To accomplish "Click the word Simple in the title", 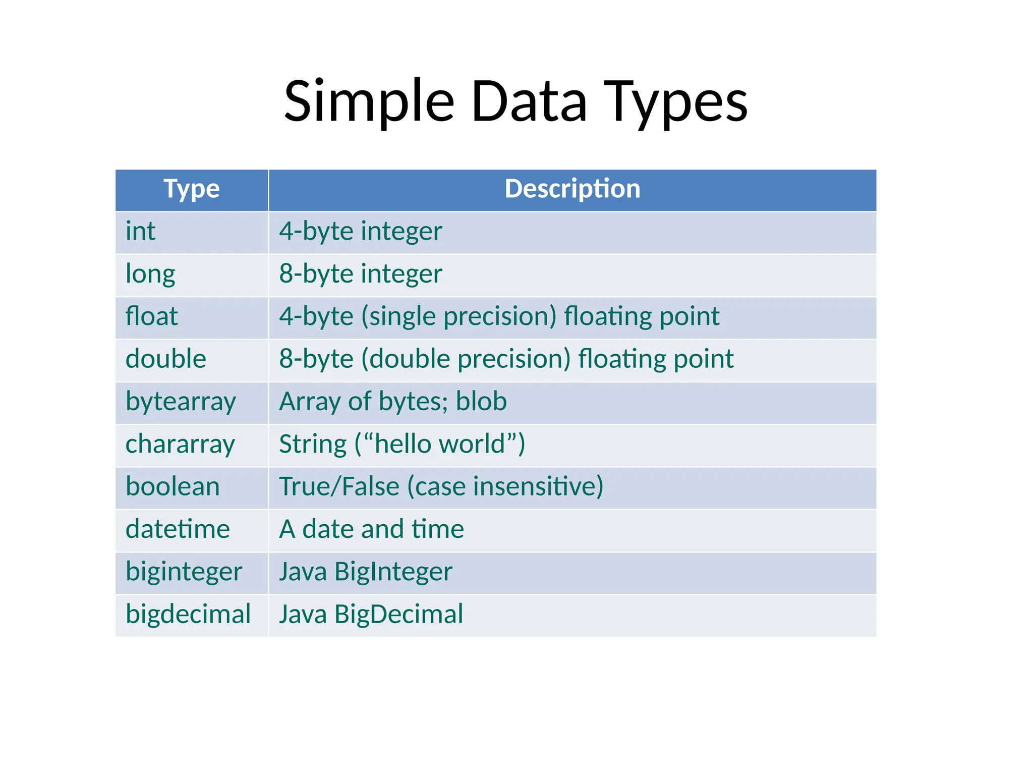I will point(369,102).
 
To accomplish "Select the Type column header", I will point(192,189).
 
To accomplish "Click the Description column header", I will point(572,189).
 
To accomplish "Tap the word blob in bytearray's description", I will point(481,402).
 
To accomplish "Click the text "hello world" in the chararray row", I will point(439,445).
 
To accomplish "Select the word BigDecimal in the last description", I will point(398,615).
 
